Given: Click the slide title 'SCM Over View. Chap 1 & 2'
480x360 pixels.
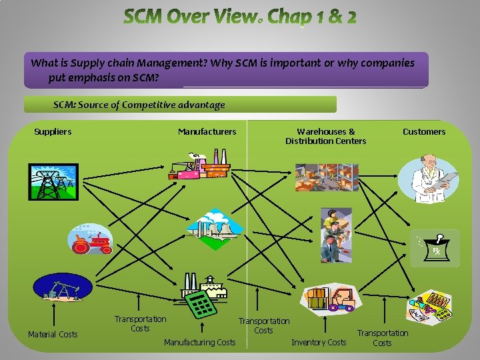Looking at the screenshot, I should [239, 17].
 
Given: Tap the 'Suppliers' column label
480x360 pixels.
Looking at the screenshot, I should [53, 132].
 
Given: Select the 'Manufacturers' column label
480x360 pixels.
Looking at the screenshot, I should [207, 132].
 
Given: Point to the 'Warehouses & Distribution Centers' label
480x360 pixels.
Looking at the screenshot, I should [325, 136].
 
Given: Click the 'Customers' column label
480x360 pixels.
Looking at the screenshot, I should [423, 132].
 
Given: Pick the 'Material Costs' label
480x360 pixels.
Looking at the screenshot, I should [53, 334].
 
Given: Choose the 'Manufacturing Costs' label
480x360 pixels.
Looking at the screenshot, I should [199, 342].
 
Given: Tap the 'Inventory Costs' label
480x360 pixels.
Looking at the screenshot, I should [319, 342].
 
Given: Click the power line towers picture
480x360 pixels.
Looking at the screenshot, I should [53, 182].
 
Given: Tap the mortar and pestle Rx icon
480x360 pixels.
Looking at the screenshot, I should [436, 247].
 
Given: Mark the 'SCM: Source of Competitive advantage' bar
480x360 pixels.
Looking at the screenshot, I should [180, 105].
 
